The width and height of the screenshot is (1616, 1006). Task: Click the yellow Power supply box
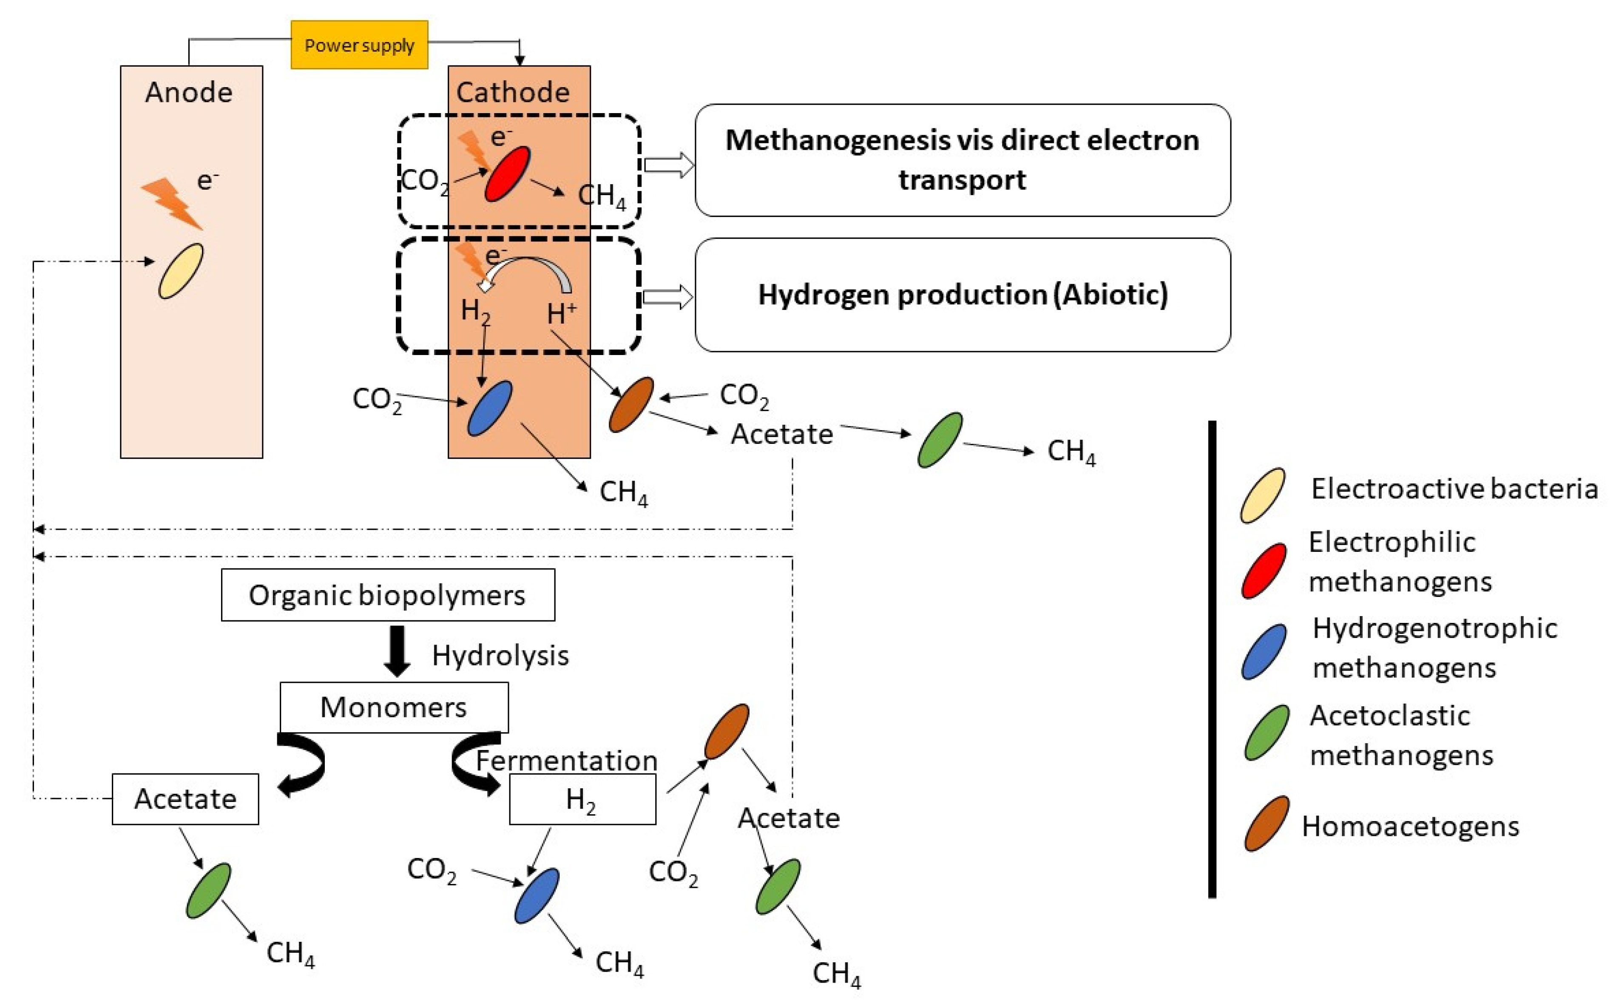tap(359, 45)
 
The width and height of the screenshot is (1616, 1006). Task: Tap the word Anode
tap(189, 93)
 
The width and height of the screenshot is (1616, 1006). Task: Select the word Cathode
tap(513, 93)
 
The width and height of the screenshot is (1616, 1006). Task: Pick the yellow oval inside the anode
tap(181, 271)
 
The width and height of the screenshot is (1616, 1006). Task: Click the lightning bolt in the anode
tap(172, 203)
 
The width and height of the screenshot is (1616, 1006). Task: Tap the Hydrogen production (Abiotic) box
tap(963, 295)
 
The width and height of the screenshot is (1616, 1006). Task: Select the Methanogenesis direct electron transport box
tap(963, 160)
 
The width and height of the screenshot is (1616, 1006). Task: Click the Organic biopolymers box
tap(388, 595)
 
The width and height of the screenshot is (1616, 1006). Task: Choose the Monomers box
tap(394, 707)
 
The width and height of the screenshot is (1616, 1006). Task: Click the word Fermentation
tap(567, 761)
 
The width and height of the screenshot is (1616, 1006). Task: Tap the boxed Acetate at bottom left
tap(186, 799)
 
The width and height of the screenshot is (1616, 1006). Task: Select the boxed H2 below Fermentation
tap(582, 800)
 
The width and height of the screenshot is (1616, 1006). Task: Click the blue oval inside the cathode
tap(490, 409)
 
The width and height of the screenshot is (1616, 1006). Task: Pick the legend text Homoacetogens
tap(1410, 827)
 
